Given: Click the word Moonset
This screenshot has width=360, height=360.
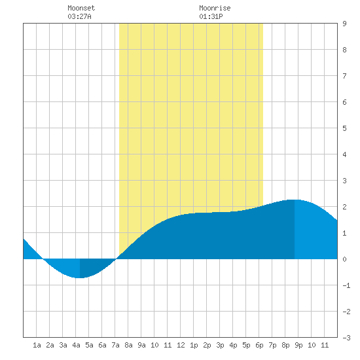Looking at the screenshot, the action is coord(81,8).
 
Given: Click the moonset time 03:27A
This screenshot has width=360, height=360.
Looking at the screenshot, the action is coord(79,16).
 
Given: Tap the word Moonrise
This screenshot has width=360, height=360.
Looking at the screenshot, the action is coord(215,8).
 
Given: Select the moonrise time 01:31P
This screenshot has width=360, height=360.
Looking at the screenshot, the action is coord(211,16).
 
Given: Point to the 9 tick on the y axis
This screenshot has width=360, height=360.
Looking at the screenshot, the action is coord(344,24).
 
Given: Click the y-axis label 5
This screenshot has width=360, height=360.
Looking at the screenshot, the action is coord(344,128).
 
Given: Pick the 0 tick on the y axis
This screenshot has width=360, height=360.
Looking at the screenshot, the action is coord(344,259).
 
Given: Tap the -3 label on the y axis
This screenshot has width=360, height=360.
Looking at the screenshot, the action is coord(346,338).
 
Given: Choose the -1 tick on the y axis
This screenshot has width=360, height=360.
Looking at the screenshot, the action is coord(346,285).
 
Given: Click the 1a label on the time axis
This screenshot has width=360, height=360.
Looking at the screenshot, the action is coord(37,345).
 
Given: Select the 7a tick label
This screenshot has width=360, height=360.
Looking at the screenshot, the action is coord(115,345).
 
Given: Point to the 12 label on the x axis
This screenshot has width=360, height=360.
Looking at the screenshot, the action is coord(181,345).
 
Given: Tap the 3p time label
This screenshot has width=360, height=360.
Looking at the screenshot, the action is coord(220,345).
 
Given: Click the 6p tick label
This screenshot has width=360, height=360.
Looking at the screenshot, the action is coord(259,345).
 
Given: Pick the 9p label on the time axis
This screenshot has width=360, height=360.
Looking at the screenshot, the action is coord(298,345).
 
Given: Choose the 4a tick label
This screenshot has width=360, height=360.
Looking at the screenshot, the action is coord(76,345).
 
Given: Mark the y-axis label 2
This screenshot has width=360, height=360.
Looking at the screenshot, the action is coord(344,207).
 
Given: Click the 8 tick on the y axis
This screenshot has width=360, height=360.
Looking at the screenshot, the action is coord(344,50).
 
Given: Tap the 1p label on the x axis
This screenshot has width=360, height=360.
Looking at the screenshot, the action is coord(194,345).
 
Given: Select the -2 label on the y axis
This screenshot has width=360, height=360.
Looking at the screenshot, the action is coord(346,312).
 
